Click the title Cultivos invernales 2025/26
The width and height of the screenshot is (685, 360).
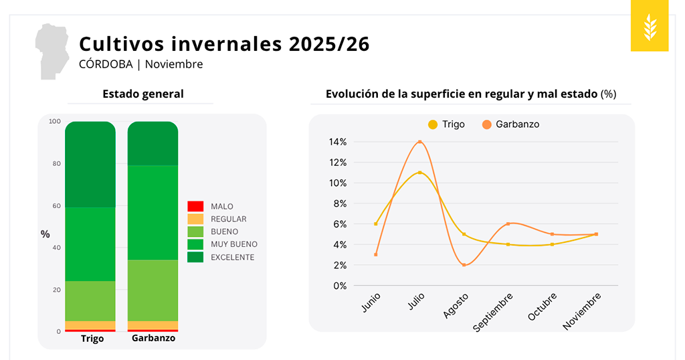[224, 44]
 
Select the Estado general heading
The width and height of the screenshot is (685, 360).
[142, 94]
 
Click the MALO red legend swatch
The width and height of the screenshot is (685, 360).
[195, 206]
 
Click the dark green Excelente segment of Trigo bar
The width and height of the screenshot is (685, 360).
[90, 165]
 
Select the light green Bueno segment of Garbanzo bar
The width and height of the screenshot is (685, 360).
[153, 290]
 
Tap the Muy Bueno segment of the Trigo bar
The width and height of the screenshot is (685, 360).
[90, 244]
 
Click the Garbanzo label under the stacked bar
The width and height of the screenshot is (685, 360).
[153, 339]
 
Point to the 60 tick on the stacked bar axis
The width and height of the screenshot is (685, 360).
[56, 206]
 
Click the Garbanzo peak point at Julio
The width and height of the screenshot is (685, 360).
[419, 142]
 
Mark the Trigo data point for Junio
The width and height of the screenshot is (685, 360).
[376, 223]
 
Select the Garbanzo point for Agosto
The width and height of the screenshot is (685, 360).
[464, 265]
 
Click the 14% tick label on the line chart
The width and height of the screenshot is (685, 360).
[338, 142]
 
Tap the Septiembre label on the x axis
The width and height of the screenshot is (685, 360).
[494, 311]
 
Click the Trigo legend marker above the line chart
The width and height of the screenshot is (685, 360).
[433, 124]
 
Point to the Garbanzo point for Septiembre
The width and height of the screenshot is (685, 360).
[508, 223]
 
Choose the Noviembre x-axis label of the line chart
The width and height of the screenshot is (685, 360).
[582, 311]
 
